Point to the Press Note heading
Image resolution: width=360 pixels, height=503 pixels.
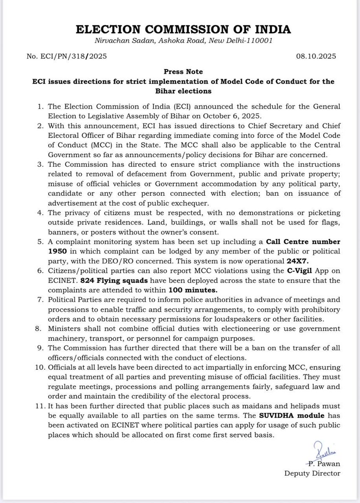coord(180,72)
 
